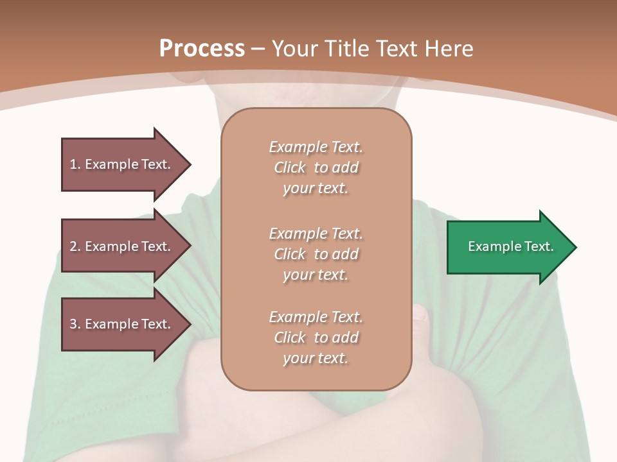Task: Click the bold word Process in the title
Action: click(x=202, y=48)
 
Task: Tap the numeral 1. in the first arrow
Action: click(x=75, y=164)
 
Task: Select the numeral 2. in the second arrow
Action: click(x=75, y=246)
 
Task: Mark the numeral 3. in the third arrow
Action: click(x=75, y=324)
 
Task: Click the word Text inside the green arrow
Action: click(x=539, y=246)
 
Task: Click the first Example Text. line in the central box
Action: click(x=316, y=147)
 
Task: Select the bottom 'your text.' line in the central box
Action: click(x=316, y=358)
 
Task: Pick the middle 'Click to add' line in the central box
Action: click(x=316, y=254)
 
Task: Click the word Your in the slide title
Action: click(x=294, y=49)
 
